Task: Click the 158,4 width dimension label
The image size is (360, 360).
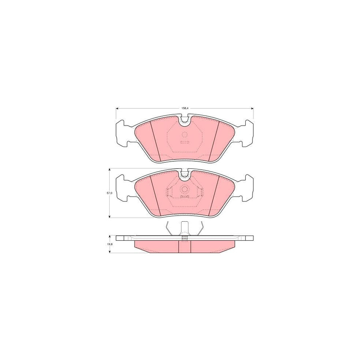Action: [184, 107]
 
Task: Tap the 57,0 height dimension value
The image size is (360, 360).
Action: [108, 193]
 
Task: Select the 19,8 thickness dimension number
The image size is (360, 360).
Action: [108, 244]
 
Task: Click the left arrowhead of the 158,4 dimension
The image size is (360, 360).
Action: [117, 109]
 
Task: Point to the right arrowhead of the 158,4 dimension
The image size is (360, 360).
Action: [252, 109]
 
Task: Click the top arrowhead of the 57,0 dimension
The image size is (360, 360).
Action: [110, 169]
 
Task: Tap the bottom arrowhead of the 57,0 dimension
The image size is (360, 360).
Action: [110, 216]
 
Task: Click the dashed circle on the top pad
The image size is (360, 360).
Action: [184, 135]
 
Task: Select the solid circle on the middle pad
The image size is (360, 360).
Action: [184, 190]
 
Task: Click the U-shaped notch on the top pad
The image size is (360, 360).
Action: [184, 120]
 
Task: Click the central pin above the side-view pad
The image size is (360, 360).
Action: [184, 228]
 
